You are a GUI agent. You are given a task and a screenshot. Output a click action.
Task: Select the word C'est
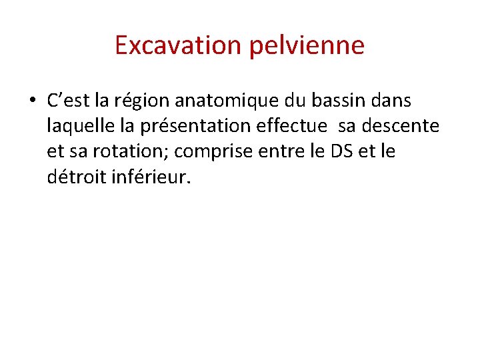click(69, 101)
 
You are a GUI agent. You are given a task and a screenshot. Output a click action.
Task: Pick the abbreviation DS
click(338, 151)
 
